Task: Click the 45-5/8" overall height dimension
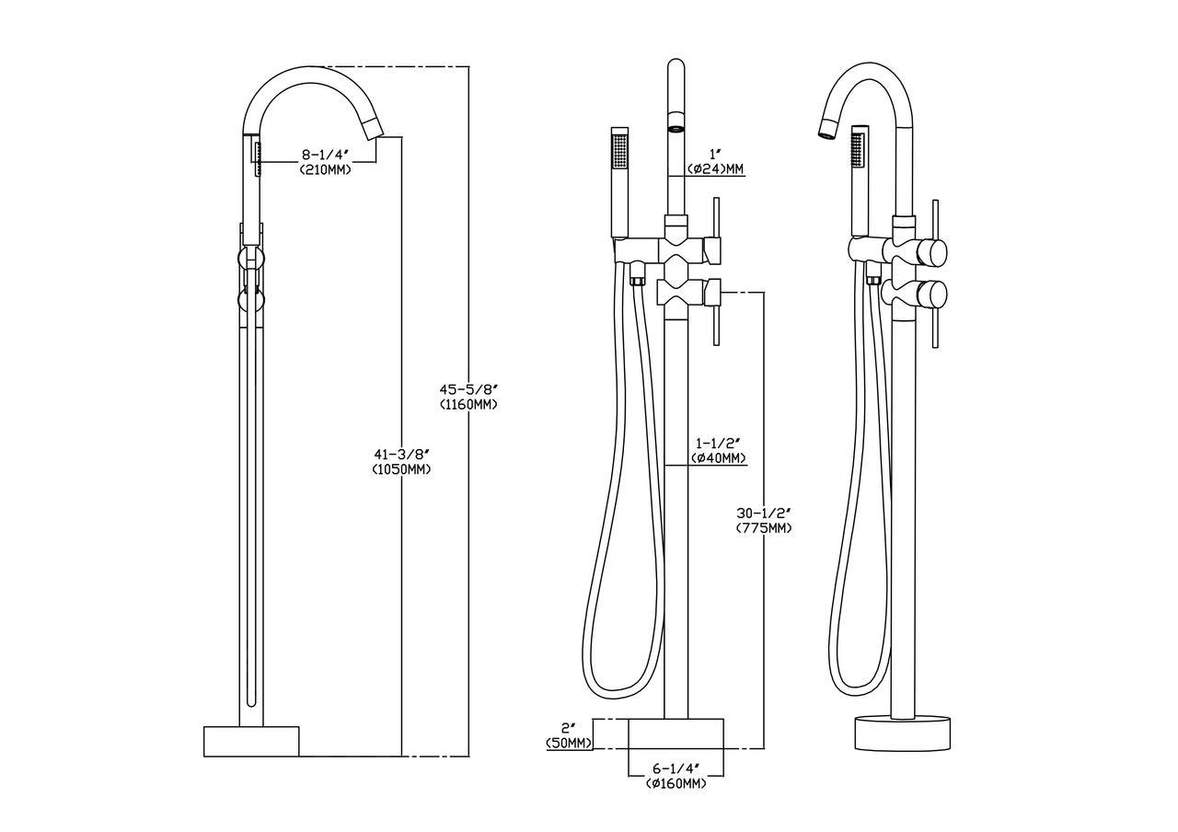pyautogui.click(x=468, y=389)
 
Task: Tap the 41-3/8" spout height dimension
pyautogui.click(x=402, y=454)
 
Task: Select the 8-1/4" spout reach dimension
pyautogui.click(x=326, y=155)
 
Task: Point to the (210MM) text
pyautogui.click(x=326, y=170)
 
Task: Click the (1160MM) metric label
pyautogui.click(x=468, y=405)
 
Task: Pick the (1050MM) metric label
pyautogui.click(x=402, y=469)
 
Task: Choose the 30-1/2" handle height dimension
pyautogui.click(x=764, y=513)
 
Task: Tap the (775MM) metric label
pyautogui.click(x=764, y=528)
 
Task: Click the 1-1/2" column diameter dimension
pyautogui.click(x=719, y=443)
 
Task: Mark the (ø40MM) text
pyautogui.click(x=719, y=458)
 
